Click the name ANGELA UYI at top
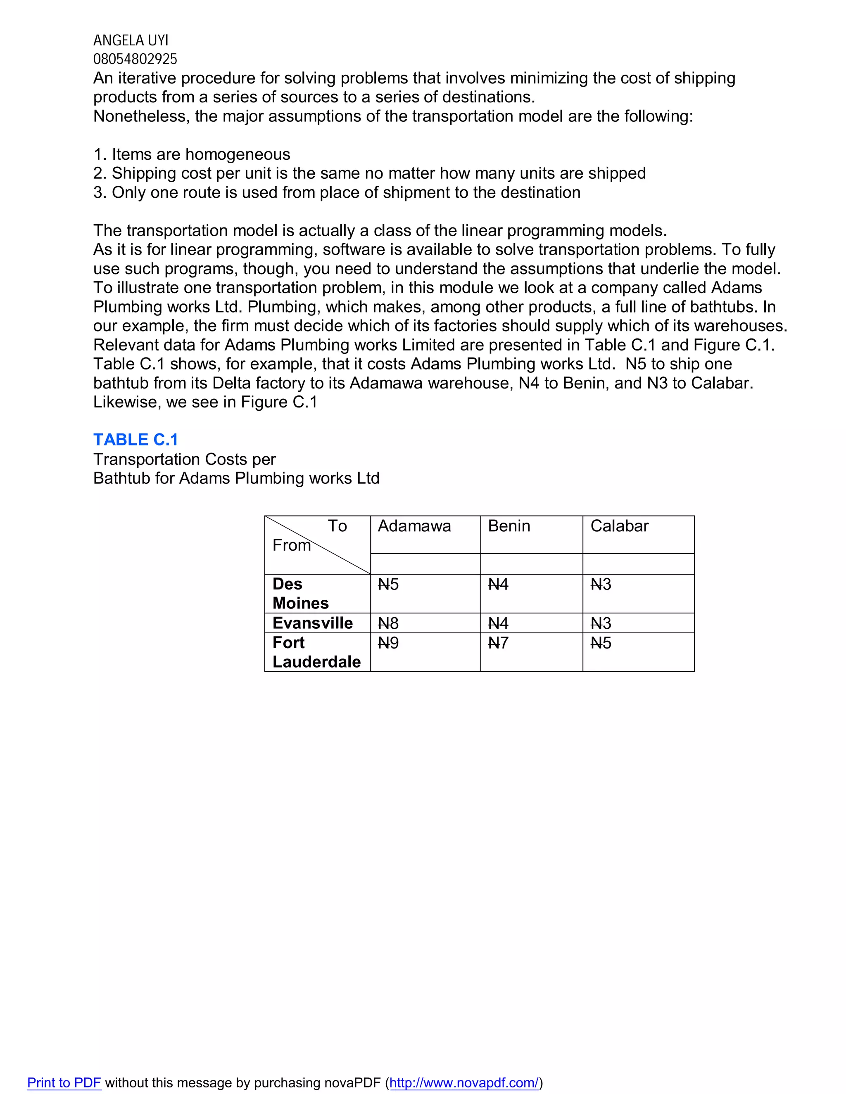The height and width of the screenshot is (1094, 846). click(131, 40)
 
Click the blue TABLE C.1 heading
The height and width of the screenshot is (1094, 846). click(136, 439)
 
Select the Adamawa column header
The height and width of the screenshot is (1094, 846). click(414, 526)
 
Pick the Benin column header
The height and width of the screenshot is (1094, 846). click(509, 526)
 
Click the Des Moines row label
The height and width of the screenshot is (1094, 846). click(300, 594)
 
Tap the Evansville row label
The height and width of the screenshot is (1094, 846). click(312, 623)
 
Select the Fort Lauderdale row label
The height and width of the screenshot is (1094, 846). click(316, 652)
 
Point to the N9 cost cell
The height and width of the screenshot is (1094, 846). click(388, 643)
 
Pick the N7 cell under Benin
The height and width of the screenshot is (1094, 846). click(498, 643)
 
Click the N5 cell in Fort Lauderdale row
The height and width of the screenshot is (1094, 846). click(601, 643)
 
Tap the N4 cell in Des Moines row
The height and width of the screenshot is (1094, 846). click(498, 585)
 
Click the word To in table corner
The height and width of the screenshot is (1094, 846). click(337, 526)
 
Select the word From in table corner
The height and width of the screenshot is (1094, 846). click(291, 545)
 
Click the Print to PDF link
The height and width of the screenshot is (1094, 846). click(64, 1082)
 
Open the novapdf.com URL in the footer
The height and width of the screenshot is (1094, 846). click(464, 1082)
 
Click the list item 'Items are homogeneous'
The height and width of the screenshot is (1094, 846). click(192, 154)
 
